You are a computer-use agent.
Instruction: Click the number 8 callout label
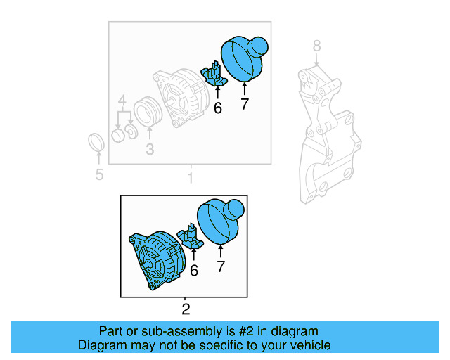(316, 46)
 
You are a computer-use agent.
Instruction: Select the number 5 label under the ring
(98, 174)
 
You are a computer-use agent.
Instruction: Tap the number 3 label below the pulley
(150, 149)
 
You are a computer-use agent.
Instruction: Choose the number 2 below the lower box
(186, 309)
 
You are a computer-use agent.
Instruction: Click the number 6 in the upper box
(217, 108)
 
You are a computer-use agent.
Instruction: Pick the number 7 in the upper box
(244, 105)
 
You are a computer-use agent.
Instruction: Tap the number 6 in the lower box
(193, 270)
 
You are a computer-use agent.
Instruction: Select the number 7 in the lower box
(221, 266)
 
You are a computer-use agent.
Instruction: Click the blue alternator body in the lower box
(156, 260)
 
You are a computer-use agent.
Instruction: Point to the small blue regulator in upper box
(214, 73)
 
